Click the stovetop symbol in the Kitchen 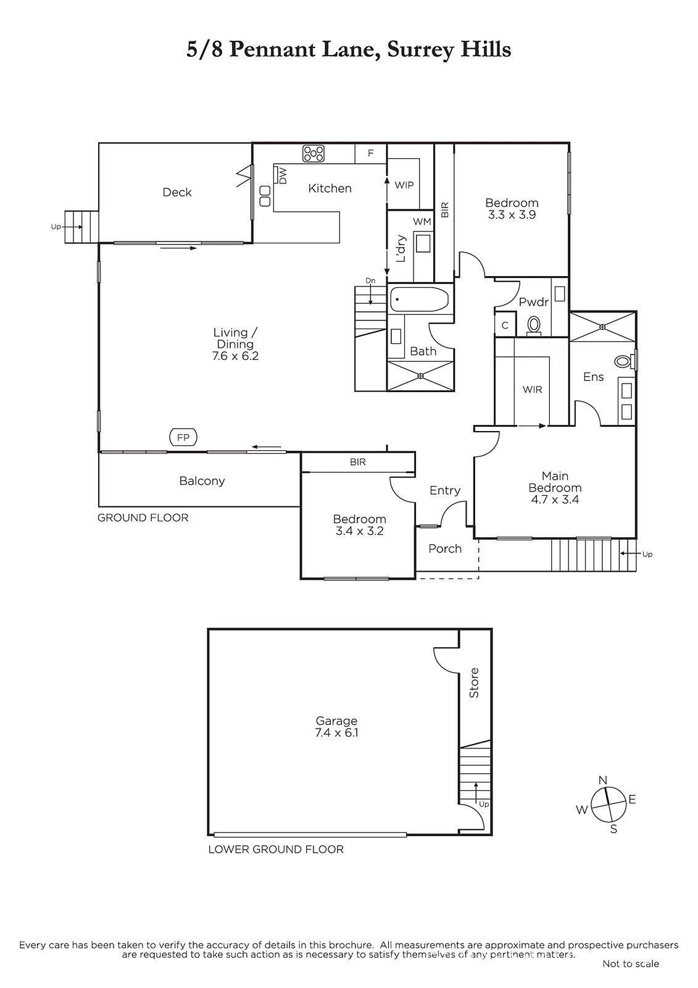[313, 154]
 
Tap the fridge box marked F [371, 153]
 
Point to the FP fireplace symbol [183, 438]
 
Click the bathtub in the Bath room [419, 299]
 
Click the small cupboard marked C [505, 325]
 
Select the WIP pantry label [404, 185]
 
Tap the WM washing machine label [422, 222]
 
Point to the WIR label [532, 390]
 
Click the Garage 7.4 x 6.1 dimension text [336, 732]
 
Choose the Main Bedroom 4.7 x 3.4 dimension [555, 500]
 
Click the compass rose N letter [603, 781]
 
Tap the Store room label [474, 683]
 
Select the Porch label [445, 549]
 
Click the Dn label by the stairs [370, 281]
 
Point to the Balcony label [202, 481]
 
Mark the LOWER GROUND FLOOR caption [276, 849]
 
